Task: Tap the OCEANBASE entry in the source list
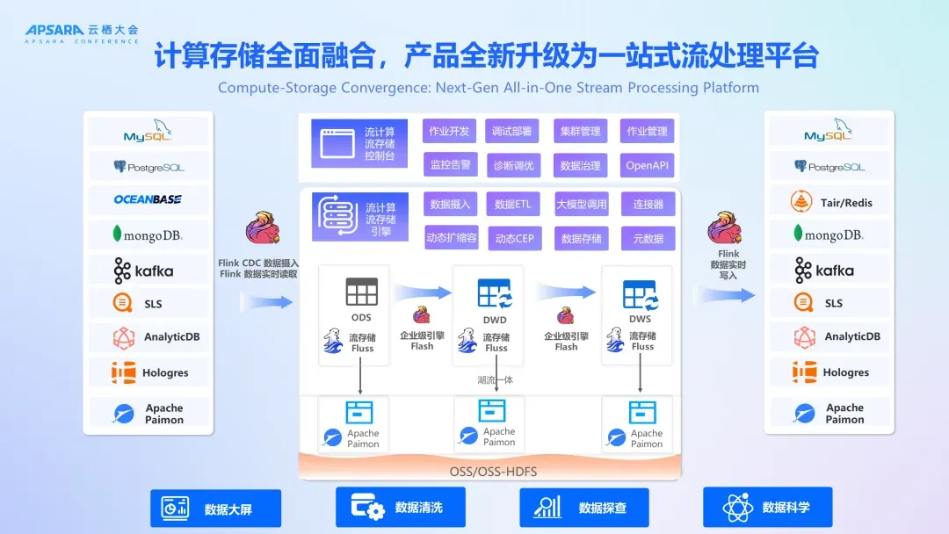[148, 199]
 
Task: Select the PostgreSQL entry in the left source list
[148, 166]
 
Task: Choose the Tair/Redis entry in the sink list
[829, 202]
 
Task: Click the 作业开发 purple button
[449, 132]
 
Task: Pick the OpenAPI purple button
[647, 165]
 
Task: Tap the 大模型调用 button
[581, 205]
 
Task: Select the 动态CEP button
[514, 238]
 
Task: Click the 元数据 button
[648, 238]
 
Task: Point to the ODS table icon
[361, 292]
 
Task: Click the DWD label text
[495, 320]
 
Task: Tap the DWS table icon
[641, 294]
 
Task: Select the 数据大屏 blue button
[216, 509]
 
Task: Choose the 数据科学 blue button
[767, 507]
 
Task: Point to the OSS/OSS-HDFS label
[493, 472]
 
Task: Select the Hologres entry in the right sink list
[829, 372]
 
